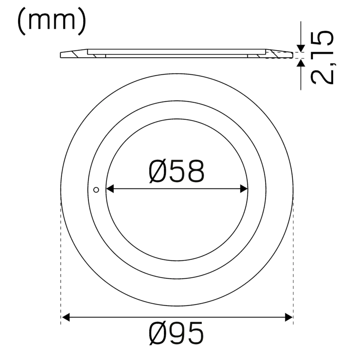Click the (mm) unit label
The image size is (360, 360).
point(52,22)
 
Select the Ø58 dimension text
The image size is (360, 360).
point(176,171)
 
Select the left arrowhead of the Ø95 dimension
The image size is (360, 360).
point(65,318)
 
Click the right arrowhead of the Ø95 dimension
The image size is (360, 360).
point(288,318)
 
